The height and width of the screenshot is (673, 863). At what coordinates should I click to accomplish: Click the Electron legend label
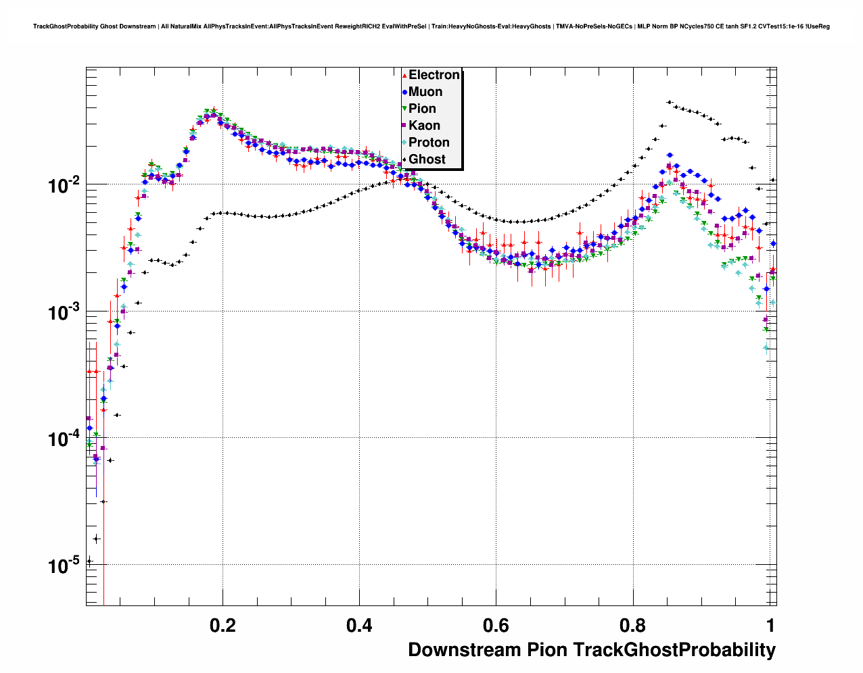pos(434,75)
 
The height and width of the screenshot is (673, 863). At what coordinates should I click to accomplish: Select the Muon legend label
pos(425,92)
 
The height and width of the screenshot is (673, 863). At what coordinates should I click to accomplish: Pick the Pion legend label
pos(422,109)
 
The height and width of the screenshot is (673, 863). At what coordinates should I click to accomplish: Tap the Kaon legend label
pos(424,126)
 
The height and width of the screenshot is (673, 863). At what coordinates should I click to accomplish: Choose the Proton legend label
pos(429,143)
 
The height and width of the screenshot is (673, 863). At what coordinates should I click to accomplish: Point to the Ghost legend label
pos(427,159)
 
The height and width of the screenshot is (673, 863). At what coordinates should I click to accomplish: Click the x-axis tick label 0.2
pos(223,626)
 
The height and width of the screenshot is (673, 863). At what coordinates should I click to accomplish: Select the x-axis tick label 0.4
pos(359,626)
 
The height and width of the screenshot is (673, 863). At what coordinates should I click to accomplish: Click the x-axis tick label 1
pos(770,626)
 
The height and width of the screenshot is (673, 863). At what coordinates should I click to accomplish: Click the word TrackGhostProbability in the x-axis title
pos(674,650)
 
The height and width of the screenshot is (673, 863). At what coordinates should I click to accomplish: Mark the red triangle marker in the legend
pos(404,75)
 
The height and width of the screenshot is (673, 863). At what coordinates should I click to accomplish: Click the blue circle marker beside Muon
pos(404,92)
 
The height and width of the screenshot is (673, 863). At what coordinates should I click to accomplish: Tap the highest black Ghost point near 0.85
pos(669,102)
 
